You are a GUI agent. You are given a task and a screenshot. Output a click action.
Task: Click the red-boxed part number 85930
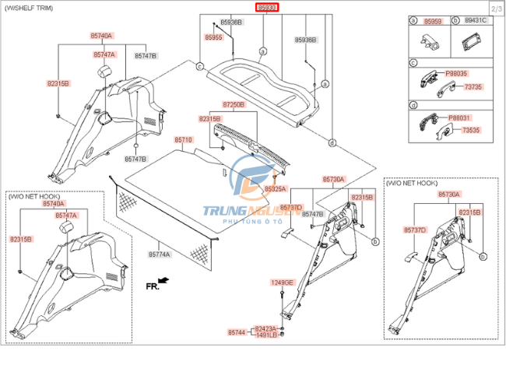click(268, 8)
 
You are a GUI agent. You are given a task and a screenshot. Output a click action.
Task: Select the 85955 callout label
click(213, 37)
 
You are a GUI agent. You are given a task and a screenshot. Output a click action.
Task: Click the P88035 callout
click(457, 73)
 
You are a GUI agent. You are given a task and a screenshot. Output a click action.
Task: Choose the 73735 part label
click(473, 86)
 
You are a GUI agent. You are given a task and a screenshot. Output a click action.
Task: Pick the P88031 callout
click(458, 118)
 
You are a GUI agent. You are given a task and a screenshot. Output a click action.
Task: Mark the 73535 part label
click(471, 131)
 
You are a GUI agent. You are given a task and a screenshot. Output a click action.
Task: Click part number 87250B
click(234, 104)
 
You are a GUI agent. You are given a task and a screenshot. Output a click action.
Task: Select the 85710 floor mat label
click(183, 140)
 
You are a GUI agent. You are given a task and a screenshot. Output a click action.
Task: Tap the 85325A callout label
click(275, 189)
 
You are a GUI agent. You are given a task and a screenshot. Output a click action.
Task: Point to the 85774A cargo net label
click(159, 254)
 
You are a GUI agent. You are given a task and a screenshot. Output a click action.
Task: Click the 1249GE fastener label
click(282, 282)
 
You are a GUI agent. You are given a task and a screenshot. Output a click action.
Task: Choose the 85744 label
click(237, 332)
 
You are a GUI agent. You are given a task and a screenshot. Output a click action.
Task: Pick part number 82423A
click(265, 328)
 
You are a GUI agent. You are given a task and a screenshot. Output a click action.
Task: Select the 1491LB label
click(265, 335)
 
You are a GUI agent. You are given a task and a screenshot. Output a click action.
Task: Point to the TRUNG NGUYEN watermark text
click(241, 210)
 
